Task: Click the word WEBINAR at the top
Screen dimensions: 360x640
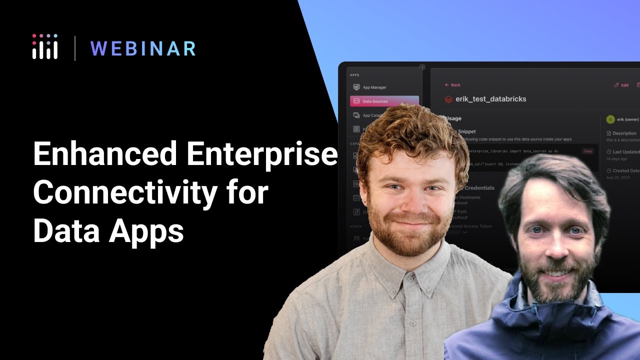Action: (x=143, y=48)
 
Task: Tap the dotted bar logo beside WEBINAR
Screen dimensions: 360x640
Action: (x=45, y=47)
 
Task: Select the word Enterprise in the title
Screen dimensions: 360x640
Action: (x=260, y=153)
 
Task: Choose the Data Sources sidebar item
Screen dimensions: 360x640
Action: (x=375, y=101)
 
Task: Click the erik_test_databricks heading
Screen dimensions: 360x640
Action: (x=490, y=99)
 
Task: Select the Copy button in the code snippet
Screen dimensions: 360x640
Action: (x=587, y=151)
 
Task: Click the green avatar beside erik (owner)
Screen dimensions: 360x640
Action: (x=610, y=119)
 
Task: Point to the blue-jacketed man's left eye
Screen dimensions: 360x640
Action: (x=575, y=230)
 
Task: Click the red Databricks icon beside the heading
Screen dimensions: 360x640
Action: (x=448, y=99)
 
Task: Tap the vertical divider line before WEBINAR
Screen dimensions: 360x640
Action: (x=75, y=48)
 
